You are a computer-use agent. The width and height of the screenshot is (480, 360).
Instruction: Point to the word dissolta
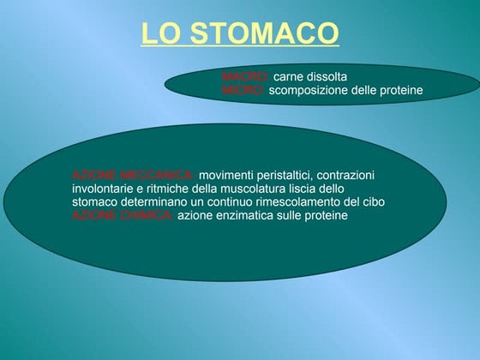click(x=327, y=77)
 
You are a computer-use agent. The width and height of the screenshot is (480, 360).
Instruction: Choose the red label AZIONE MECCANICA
click(x=134, y=175)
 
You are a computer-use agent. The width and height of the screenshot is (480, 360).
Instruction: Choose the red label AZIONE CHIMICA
click(x=123, y=215)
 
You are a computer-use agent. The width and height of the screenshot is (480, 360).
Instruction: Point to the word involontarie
click(x=102, y=189)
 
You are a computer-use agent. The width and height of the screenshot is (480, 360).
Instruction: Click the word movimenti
click(x=225, y=175)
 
